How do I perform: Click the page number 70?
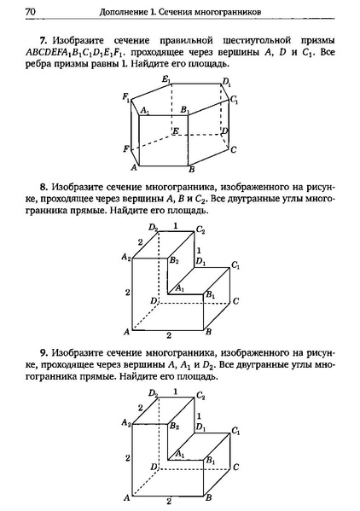point(31,11)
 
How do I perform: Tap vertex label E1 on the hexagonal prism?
point(167,81)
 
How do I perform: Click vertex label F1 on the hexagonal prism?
point(126,99)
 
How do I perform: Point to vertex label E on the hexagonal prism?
point(174,131)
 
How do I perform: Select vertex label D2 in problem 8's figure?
point(153,228)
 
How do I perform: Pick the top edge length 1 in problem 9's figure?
point(175,392)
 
